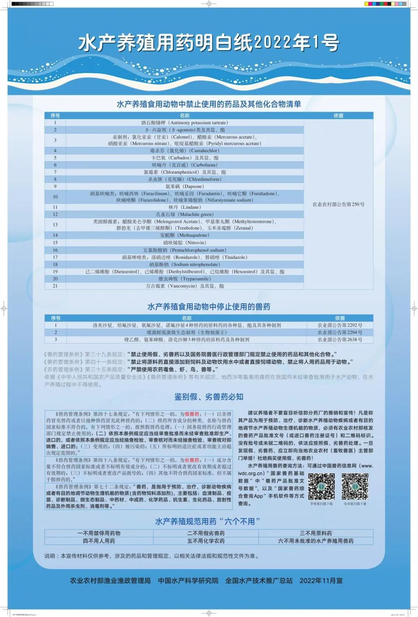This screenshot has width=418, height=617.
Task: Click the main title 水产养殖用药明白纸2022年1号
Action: (209, 43)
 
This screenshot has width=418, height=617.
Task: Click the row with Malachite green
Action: (185, 214)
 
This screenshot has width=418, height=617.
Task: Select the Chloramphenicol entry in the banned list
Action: (185, 172)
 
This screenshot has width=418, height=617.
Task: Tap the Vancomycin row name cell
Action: (185, 286)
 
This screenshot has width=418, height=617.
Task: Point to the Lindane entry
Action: (185, 207)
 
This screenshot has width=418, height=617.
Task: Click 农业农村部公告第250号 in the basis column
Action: (338, 204)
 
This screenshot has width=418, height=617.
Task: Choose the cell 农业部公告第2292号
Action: (340, 325)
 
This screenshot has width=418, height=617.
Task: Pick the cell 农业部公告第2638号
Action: (340, 340)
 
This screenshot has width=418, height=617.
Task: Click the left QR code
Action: (321, 487)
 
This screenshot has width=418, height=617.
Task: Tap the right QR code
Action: (355, 487)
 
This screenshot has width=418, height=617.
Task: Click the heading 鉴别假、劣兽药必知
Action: (209, 397)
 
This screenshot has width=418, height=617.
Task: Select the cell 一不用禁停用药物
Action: (99, 533)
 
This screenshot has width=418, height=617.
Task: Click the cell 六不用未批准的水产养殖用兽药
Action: (316, 541)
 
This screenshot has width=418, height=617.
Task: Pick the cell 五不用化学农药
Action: (206, 541)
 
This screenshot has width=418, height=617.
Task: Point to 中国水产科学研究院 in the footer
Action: (188, 581)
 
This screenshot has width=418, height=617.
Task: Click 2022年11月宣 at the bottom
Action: (321, 581)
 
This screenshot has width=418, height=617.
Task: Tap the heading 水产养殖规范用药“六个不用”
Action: (207, 521)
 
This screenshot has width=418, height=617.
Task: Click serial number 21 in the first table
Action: (55, 286)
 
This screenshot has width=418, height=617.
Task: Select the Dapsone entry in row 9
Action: (185, 186)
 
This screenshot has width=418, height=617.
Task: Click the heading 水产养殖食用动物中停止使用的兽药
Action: (209, 307)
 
